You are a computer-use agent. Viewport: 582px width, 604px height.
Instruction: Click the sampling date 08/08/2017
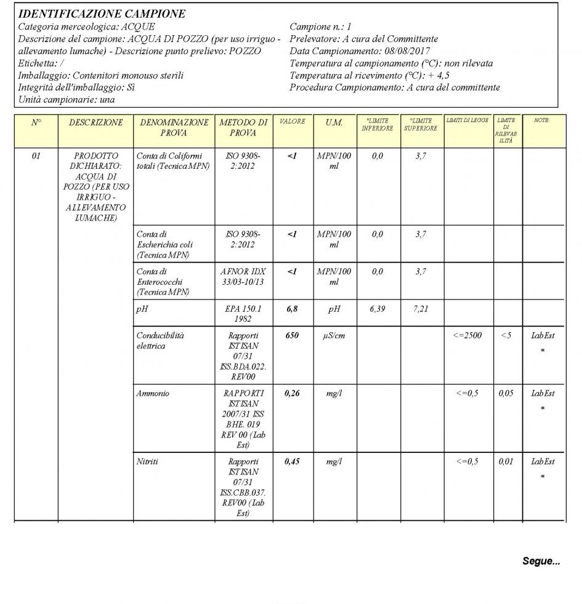pos(408,51)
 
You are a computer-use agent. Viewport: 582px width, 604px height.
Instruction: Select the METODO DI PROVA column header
pos(244,128)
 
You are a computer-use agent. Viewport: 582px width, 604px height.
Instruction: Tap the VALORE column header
pos(293,122)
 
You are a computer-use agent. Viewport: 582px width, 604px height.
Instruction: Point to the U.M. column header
pos(334,123)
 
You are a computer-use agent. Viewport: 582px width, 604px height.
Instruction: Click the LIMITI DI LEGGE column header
pos(467,121)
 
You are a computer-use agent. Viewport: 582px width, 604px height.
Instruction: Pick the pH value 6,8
pos(292,309)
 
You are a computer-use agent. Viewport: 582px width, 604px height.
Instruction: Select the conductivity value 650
pos(292,336)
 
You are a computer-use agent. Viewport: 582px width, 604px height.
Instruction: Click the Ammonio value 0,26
pos(292,394)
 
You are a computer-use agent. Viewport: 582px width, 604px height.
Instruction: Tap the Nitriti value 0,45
pos(292,462)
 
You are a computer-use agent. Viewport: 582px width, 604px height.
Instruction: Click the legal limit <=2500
pos(469,336)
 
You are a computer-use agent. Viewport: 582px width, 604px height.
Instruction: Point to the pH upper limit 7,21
pos(421,309)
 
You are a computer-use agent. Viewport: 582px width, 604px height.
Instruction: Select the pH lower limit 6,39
pos(377,309)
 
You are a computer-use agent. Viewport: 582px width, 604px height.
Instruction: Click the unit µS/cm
pos(334,336)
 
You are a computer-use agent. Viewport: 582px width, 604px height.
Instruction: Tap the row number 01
pos(36,157)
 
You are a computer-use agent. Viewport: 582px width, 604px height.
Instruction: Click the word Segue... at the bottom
pos(541,561)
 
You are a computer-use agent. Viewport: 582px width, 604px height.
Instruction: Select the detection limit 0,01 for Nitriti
pos(506,462)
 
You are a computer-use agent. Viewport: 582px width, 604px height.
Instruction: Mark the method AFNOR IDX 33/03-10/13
pos(243,277)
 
